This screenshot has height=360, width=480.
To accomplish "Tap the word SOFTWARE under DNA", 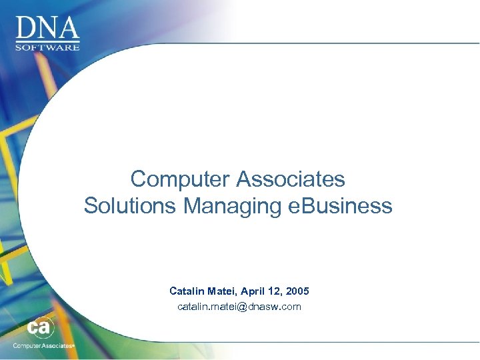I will (48, 47).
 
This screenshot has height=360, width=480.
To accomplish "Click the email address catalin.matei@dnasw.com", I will (239, 307).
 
